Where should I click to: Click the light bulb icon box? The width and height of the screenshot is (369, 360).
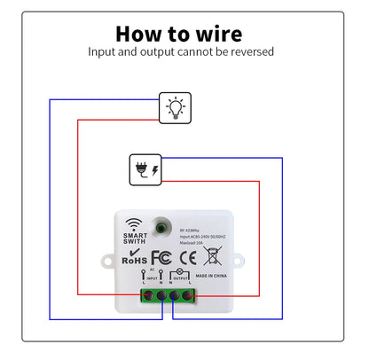[x=174, y=108]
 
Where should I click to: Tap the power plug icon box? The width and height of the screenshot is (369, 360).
[x=145, y=168]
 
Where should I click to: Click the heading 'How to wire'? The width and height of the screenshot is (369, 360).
[x=178, y=34]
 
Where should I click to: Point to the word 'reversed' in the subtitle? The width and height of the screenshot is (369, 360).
[x=251, y=52]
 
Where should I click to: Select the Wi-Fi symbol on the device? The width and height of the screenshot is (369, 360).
[x=134, y=223]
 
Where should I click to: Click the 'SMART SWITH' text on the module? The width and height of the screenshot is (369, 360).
[x=135, y=240]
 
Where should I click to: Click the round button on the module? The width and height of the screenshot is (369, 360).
[x=161, y=226]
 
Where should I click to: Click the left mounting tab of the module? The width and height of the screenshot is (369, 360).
[x=103, y=262]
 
